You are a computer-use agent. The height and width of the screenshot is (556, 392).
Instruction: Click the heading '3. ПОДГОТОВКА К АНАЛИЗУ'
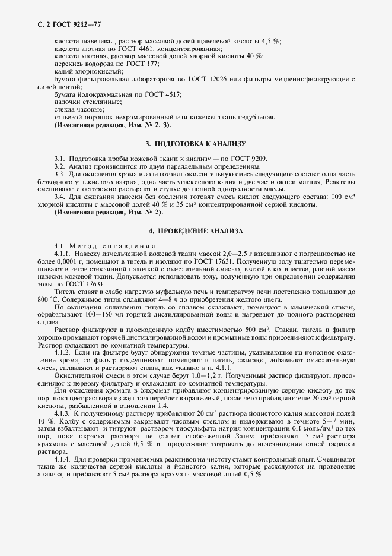(196, 144)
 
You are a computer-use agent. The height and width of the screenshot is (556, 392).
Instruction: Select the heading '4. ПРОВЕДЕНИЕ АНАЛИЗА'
(196, 230)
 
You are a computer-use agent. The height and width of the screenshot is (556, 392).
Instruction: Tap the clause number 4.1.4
(62, 460)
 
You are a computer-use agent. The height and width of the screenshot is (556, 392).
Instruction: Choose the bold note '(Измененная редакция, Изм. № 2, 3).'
(113, 125)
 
